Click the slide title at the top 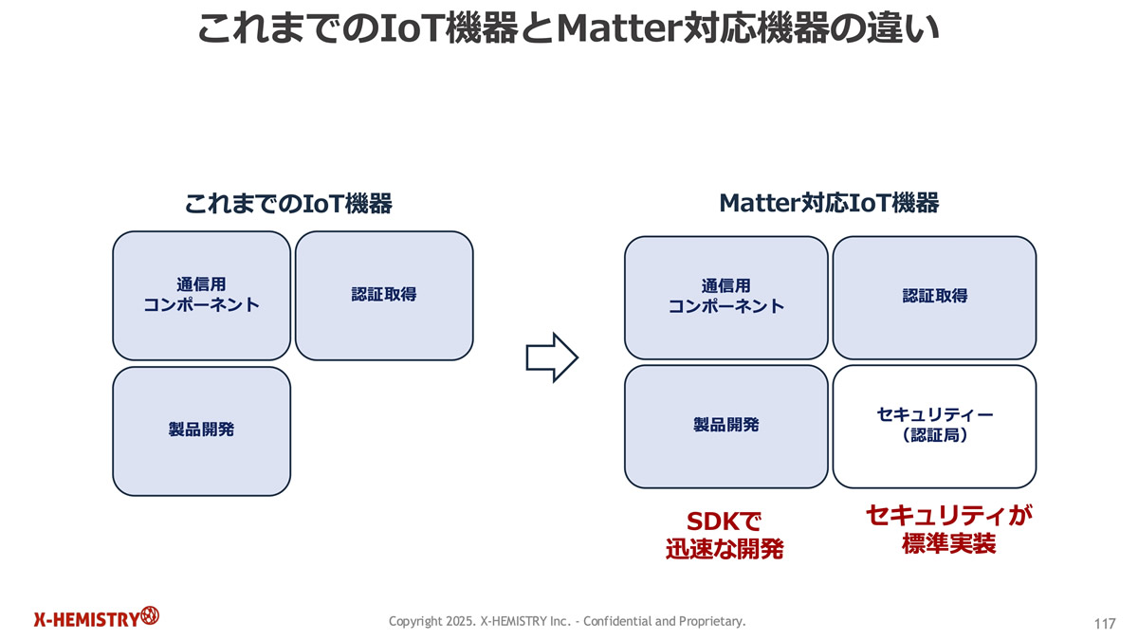(568, 28)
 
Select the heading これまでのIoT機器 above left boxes (288, 203)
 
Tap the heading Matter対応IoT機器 (829, 203)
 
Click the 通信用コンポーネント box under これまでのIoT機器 (201, 295)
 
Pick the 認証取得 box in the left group (384, 295)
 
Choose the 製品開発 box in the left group (201, 430)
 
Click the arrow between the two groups (551, 357)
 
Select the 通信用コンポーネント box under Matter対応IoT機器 (725, 297)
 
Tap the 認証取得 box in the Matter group (934, 297)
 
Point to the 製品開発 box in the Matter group (725, 426)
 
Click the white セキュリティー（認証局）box (934, 426)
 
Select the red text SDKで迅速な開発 (725, 534)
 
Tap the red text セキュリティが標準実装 (948, 529)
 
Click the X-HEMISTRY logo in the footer (96, 618)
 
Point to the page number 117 (1104, 623)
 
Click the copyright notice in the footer (567, 621)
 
